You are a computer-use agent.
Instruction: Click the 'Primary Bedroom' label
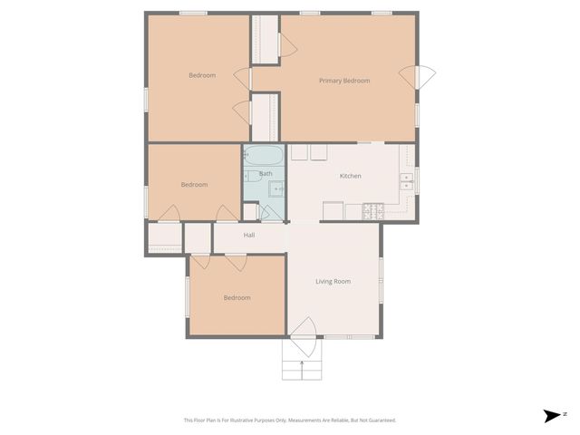pyautogui.click(x=344, y=81)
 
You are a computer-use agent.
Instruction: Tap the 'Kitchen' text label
pyautogui.click(x=351, y=176)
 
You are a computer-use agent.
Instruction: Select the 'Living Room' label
pyautogui.click(x=333, y=281)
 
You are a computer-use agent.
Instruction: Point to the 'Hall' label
pyautogui.click(x=249, y=236)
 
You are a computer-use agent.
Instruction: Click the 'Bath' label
pyautogui.click(x=266, y=173)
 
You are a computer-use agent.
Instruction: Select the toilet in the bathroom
pyautogui.click(x=250, y=176)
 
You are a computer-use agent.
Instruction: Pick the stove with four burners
pyautogui.click(x=374, y=211)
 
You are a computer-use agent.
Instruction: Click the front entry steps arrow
pyautogui.click(x=302, y=366)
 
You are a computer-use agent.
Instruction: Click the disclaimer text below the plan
pyautogui.click(x=289, y=420)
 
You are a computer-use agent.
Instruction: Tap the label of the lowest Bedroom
pyautogui.click(x=237, y=297)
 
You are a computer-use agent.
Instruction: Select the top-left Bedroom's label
pyautogui.click(x=202, y=75)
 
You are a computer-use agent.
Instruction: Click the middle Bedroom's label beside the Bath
pyautogui.click(x=194, y=185)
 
